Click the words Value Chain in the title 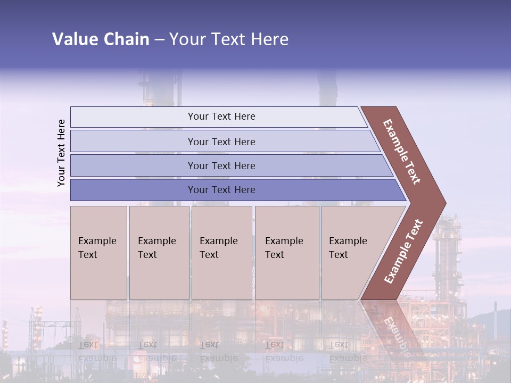[101, 39]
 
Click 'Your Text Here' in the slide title [229, 39]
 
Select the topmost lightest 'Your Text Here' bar [221, 116]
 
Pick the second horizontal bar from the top [221, 141]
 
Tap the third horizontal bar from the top [221, 165]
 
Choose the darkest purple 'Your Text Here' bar [221, 190]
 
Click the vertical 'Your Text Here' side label [61, 153]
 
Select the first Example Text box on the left [98, 253]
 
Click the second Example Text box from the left [159, 253]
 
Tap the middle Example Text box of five [221, 253]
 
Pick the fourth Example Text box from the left [287, 253]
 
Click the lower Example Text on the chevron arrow [403, 251]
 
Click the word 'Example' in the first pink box [97, 241]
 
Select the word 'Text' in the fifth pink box [339, 255]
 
